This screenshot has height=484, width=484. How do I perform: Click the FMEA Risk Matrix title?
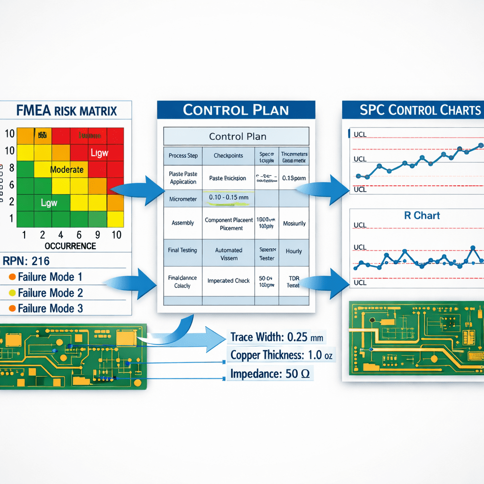(x=66, y=111)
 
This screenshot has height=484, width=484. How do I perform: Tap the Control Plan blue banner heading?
(x=235, y=110)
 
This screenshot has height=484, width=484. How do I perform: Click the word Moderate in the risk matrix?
(x=67, y=170)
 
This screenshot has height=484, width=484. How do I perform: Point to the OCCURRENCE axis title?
(x=70, y=246)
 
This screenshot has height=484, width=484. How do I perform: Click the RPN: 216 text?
(x=26, y=261)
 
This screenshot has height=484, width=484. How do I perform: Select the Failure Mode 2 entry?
(x=50, y=293)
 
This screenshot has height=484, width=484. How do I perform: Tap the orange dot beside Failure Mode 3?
(x=12, y=309)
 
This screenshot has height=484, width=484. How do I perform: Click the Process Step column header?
(x=183, y=156)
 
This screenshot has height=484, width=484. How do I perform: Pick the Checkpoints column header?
(x=228, y=156)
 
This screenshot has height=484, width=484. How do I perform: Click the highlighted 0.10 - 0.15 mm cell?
(x=228, y=197)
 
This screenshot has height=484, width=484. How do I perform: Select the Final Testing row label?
(x=182, y=251)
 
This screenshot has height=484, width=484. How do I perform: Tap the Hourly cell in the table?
(x=294, y=251)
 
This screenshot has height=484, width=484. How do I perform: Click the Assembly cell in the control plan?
(x=183, y=223)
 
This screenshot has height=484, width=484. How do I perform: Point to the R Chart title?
(x=422, y=216)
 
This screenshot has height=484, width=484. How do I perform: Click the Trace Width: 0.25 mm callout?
(x=277, y=337)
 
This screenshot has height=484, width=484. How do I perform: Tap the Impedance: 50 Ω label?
(x=270, y=374)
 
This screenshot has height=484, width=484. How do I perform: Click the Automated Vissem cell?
(x=229, y=254)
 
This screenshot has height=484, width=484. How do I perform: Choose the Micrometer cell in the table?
(x=183, y=199)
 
